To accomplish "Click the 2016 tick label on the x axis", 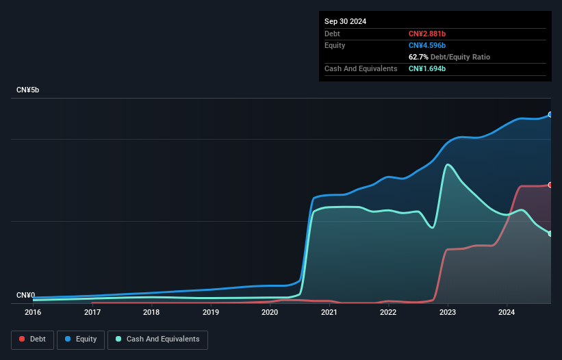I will pyautogui.click(x=33, y=312).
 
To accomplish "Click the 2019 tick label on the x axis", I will pyautogui.click(x=211, y=312).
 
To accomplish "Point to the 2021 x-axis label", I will pyautogui.click(x=329, y=312).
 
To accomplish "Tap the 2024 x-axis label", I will pyautogui.click(x=507, y=312).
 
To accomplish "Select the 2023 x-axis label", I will pyautogui.click(x=448, y=312).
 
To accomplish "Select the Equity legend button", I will pyautogui.click(x=81, y=339).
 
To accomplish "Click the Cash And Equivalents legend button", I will pyautogui.click(x=157, y=339).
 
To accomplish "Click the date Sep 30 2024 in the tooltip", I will pyautogui.click(x=345, y=21).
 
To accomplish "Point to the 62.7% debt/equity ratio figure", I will pyautogui.click(x=419, y=57).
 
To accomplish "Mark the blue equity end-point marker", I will pyautogui.click(x=550, y=114).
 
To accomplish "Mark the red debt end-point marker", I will pyautogui.click(x=550, y=185).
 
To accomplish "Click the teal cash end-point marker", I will pyautogui.click(x=550, y=233).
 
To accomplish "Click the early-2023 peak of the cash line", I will pyautogui.click(x=448, y=164).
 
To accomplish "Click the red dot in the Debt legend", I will pyautogui.click(x=23, y=339).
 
